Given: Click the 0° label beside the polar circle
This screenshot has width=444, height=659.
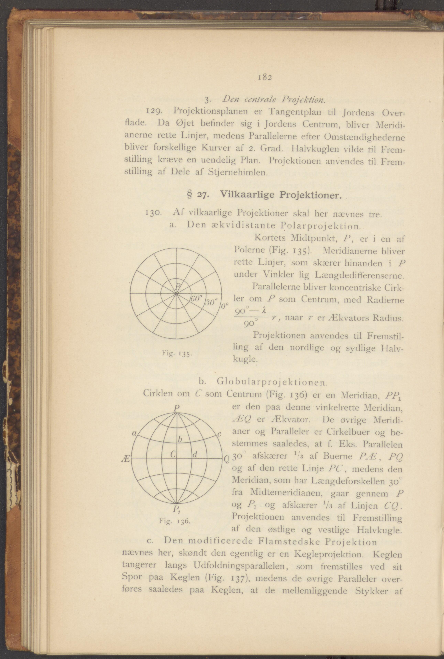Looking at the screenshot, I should point(224,306).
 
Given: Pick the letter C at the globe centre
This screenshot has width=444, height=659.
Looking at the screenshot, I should point(173,454).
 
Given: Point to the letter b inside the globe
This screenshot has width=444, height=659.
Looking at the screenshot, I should point(179,439).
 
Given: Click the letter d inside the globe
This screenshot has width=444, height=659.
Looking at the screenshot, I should point(195,455).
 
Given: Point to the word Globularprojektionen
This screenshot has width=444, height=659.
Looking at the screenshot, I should point(272,382).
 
